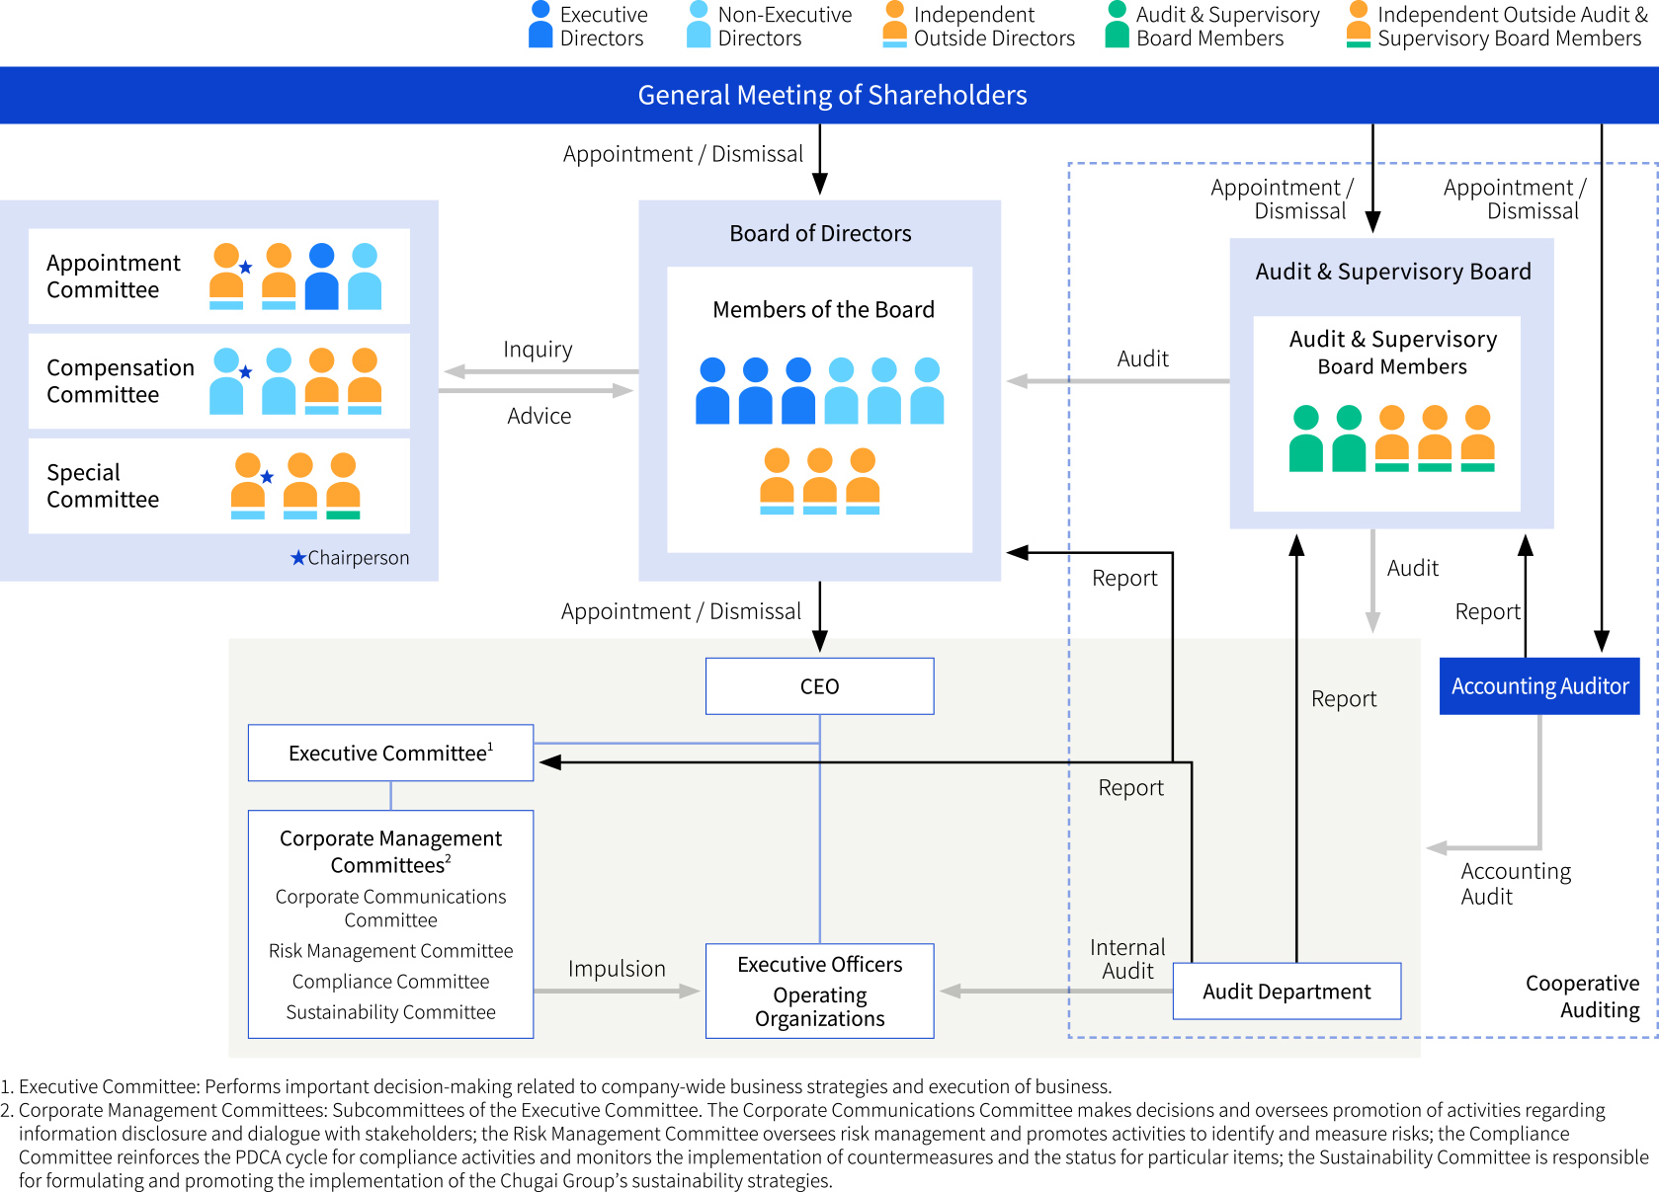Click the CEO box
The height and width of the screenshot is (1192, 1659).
[819, 686]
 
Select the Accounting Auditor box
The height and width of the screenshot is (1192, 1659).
[1538, 686]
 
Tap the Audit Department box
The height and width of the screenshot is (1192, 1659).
[1286, 992]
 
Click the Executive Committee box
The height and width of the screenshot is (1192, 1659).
[390, 754]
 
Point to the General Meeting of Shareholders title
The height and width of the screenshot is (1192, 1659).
[831, 95]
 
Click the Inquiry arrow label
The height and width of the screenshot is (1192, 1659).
[538, 350]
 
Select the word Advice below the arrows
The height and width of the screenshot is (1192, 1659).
[539, 416]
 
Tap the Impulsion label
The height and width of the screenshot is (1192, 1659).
[617, 969]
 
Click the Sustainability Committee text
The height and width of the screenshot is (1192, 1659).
[390, 1012]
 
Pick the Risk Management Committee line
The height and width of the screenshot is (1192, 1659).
[390, 951]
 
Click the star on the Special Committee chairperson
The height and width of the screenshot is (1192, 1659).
[267, 477]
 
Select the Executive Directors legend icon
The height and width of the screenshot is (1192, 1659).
[540, 25]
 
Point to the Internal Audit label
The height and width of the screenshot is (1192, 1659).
[1127, 959]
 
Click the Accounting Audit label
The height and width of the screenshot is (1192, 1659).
[1514, 884]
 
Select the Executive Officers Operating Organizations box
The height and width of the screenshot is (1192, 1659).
[819, 991]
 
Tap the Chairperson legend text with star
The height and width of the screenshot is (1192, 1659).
[350, 558]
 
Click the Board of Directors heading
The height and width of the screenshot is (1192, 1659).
[820, 234]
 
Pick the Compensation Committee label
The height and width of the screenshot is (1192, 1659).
[120, 381]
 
